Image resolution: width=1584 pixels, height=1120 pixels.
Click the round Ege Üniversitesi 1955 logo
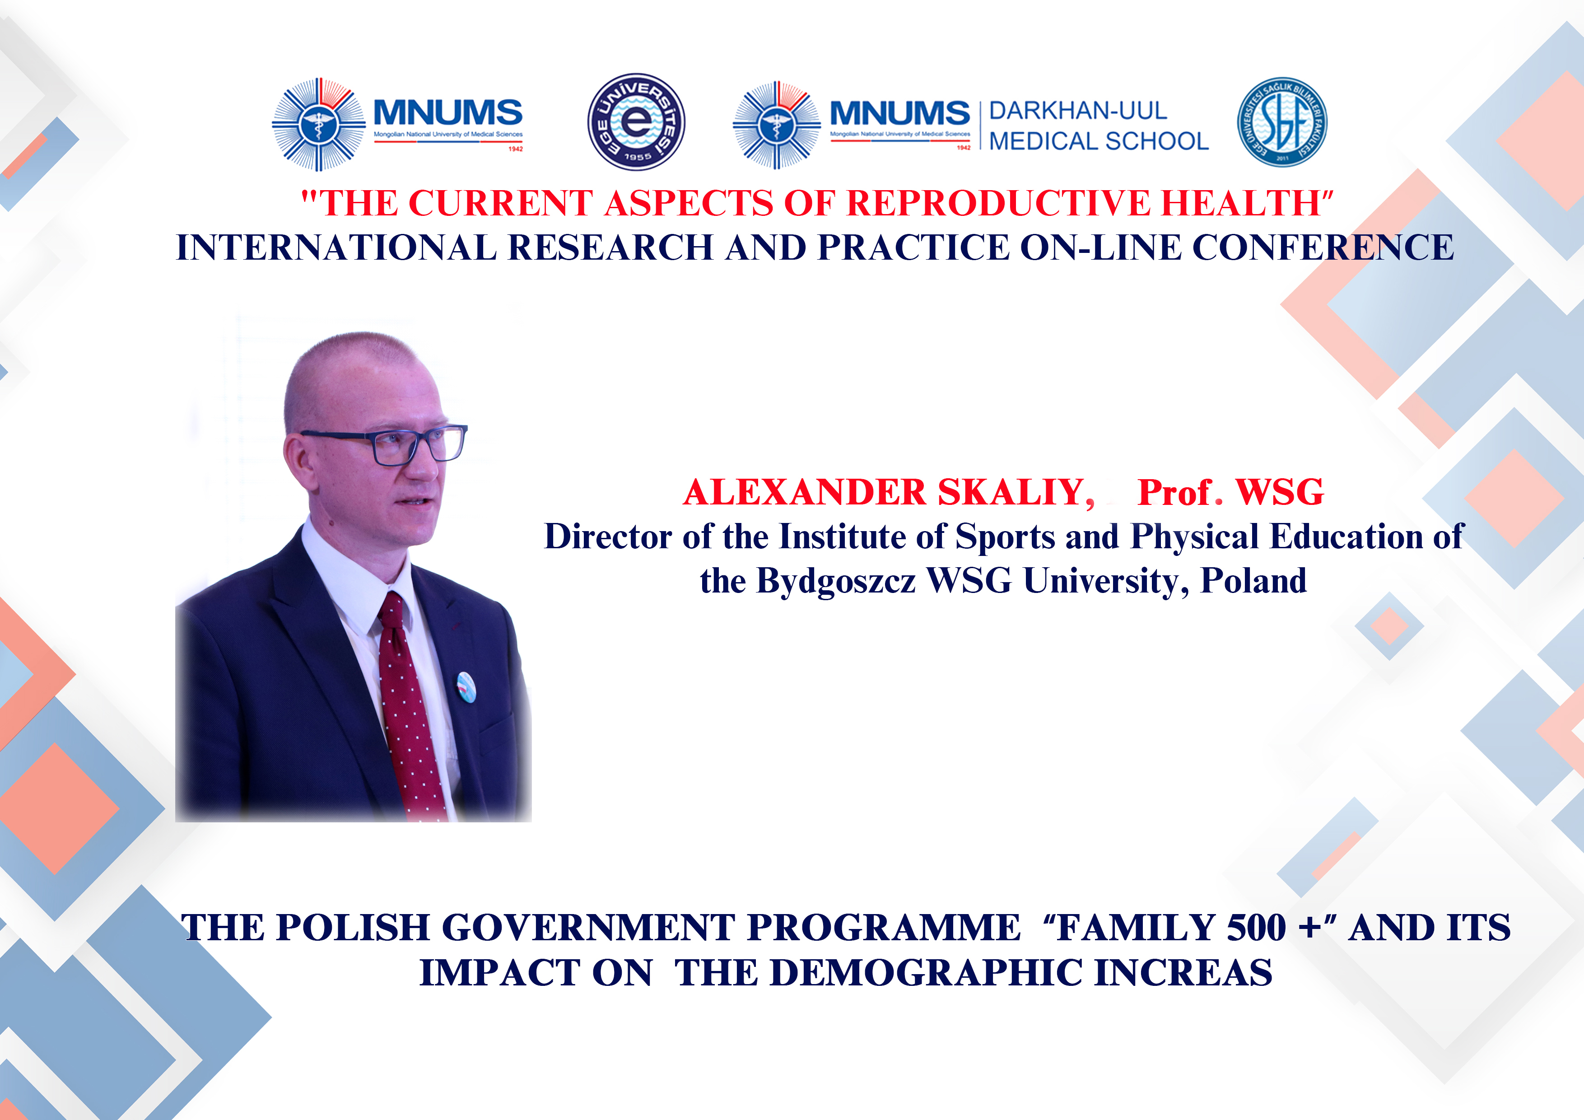pos(636,122)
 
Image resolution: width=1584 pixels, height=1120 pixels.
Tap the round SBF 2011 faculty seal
pos(1282,122)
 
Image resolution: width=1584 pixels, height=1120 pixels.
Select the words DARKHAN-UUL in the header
pos(1078,110)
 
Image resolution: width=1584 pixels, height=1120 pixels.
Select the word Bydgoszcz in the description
pos(836,582)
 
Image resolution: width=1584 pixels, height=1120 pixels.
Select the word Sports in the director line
pos(1005,537)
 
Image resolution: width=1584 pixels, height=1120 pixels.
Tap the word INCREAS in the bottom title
pos(1183,973)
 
